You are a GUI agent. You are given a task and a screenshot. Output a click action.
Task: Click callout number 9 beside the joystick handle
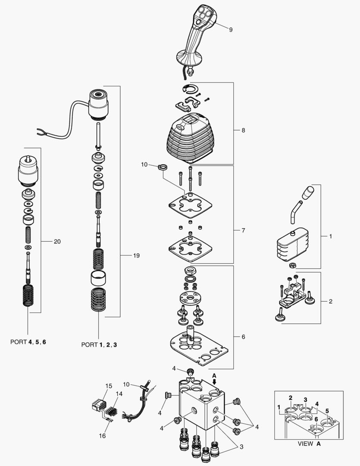pyautogui.click(x=231, y=30)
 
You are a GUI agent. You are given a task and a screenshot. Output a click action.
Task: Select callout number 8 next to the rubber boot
pyautogui.click(x=243, y=130)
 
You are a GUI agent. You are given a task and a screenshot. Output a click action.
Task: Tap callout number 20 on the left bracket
pyautogui.click(x=57, y=241)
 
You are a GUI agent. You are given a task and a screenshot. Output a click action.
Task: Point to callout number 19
pyautogui.click(x=136, y=256)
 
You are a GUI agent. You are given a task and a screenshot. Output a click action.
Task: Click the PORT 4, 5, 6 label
pyautogui.click(x=28, y=341)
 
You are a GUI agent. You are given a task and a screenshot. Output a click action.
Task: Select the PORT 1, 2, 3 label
pyautogui.click(x=99, y=345)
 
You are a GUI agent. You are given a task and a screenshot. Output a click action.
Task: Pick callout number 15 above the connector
pyautogui.click(x=109, y=385)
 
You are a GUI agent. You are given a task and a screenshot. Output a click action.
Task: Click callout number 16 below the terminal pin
pyautogui.click(x=102, y=436)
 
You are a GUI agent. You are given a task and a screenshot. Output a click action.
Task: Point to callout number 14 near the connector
pyautogui.click(x=119, y=394)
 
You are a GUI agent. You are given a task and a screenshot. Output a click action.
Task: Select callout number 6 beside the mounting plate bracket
pyautogui.click(x=243, y=337)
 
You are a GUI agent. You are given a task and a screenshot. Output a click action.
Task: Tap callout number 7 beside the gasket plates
pyautogui.click(x=243, y=231)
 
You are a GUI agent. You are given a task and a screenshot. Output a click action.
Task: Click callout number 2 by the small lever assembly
pyautogui.click(x=330, y=301)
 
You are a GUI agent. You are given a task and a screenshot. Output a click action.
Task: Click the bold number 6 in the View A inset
pyautogui.click(x=316, y=419)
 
